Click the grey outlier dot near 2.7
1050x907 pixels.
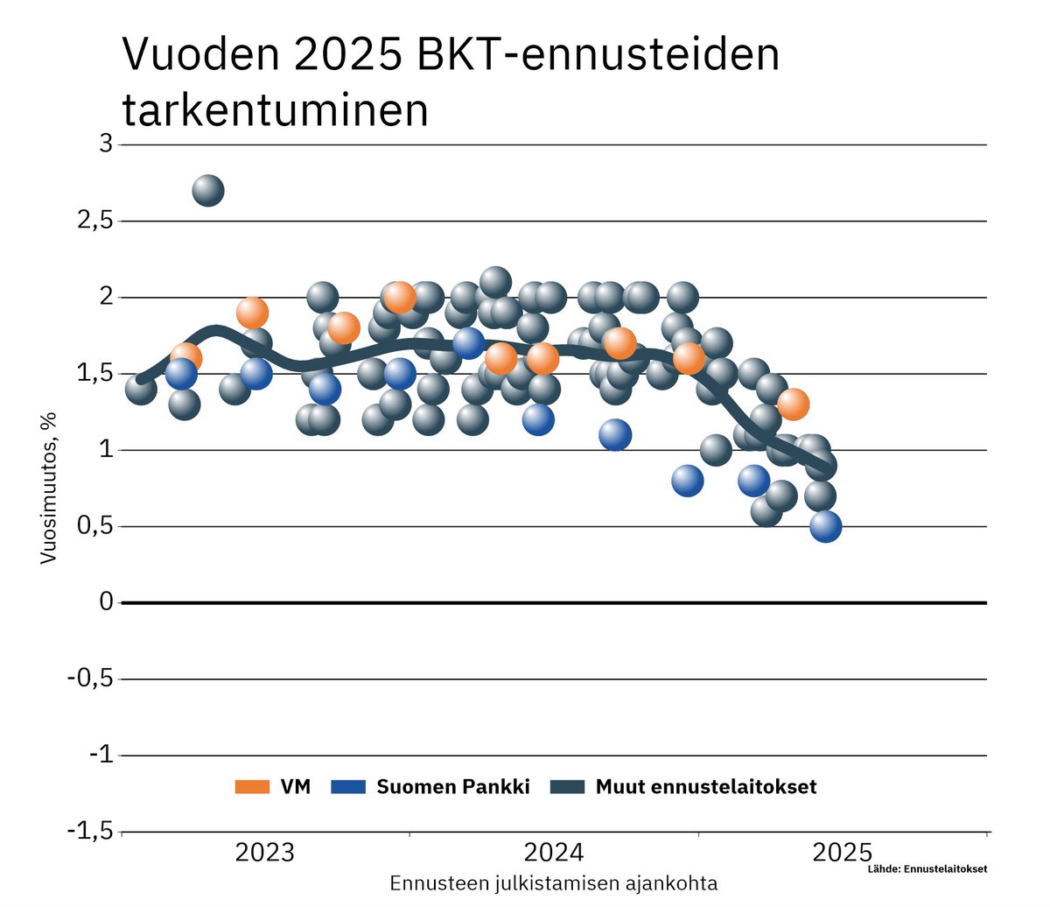pyautogui.click(x=207, y=190)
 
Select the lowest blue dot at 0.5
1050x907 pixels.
pyautogui.click(x=825, y=526)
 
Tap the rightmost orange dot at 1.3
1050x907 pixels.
pyautogui.click(x=793, y=404)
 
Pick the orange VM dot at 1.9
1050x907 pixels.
pyautogui.click(x=252, y=313)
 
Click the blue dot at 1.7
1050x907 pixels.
pyautogui.click(x=468, y=343)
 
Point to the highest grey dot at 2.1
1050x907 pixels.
pyautogui.click(x=495, y=282)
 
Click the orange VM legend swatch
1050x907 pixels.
pyautogui.click(x=252, y=787)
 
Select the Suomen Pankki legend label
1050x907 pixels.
pyautogui.click(x=452, y=787)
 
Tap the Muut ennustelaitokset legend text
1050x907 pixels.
pyautogui.click(x=705, y=787)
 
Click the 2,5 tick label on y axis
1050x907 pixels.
pyautogui.click(x=94, y=221)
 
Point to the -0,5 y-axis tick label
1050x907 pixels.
pyautogui.click(x=90, y=678)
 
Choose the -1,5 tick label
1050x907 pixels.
pyautogui.click(x=90, y=831)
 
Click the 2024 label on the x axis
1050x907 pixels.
pyautogui.click(x=553, y=853)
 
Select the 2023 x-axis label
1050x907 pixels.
pyautogui.click(x=265, y=853)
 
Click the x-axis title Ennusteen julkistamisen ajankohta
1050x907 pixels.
pyautogui.click(x=553, y=882)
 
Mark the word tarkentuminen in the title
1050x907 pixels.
pyautogui.click(x=275, y=111)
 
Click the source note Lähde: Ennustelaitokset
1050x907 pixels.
pyautogui.click(x=927, y=869)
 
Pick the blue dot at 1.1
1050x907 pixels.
pyautogui.click(x=615, y=434)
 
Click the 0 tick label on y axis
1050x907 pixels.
pyautogui.click(x=106, y=602)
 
